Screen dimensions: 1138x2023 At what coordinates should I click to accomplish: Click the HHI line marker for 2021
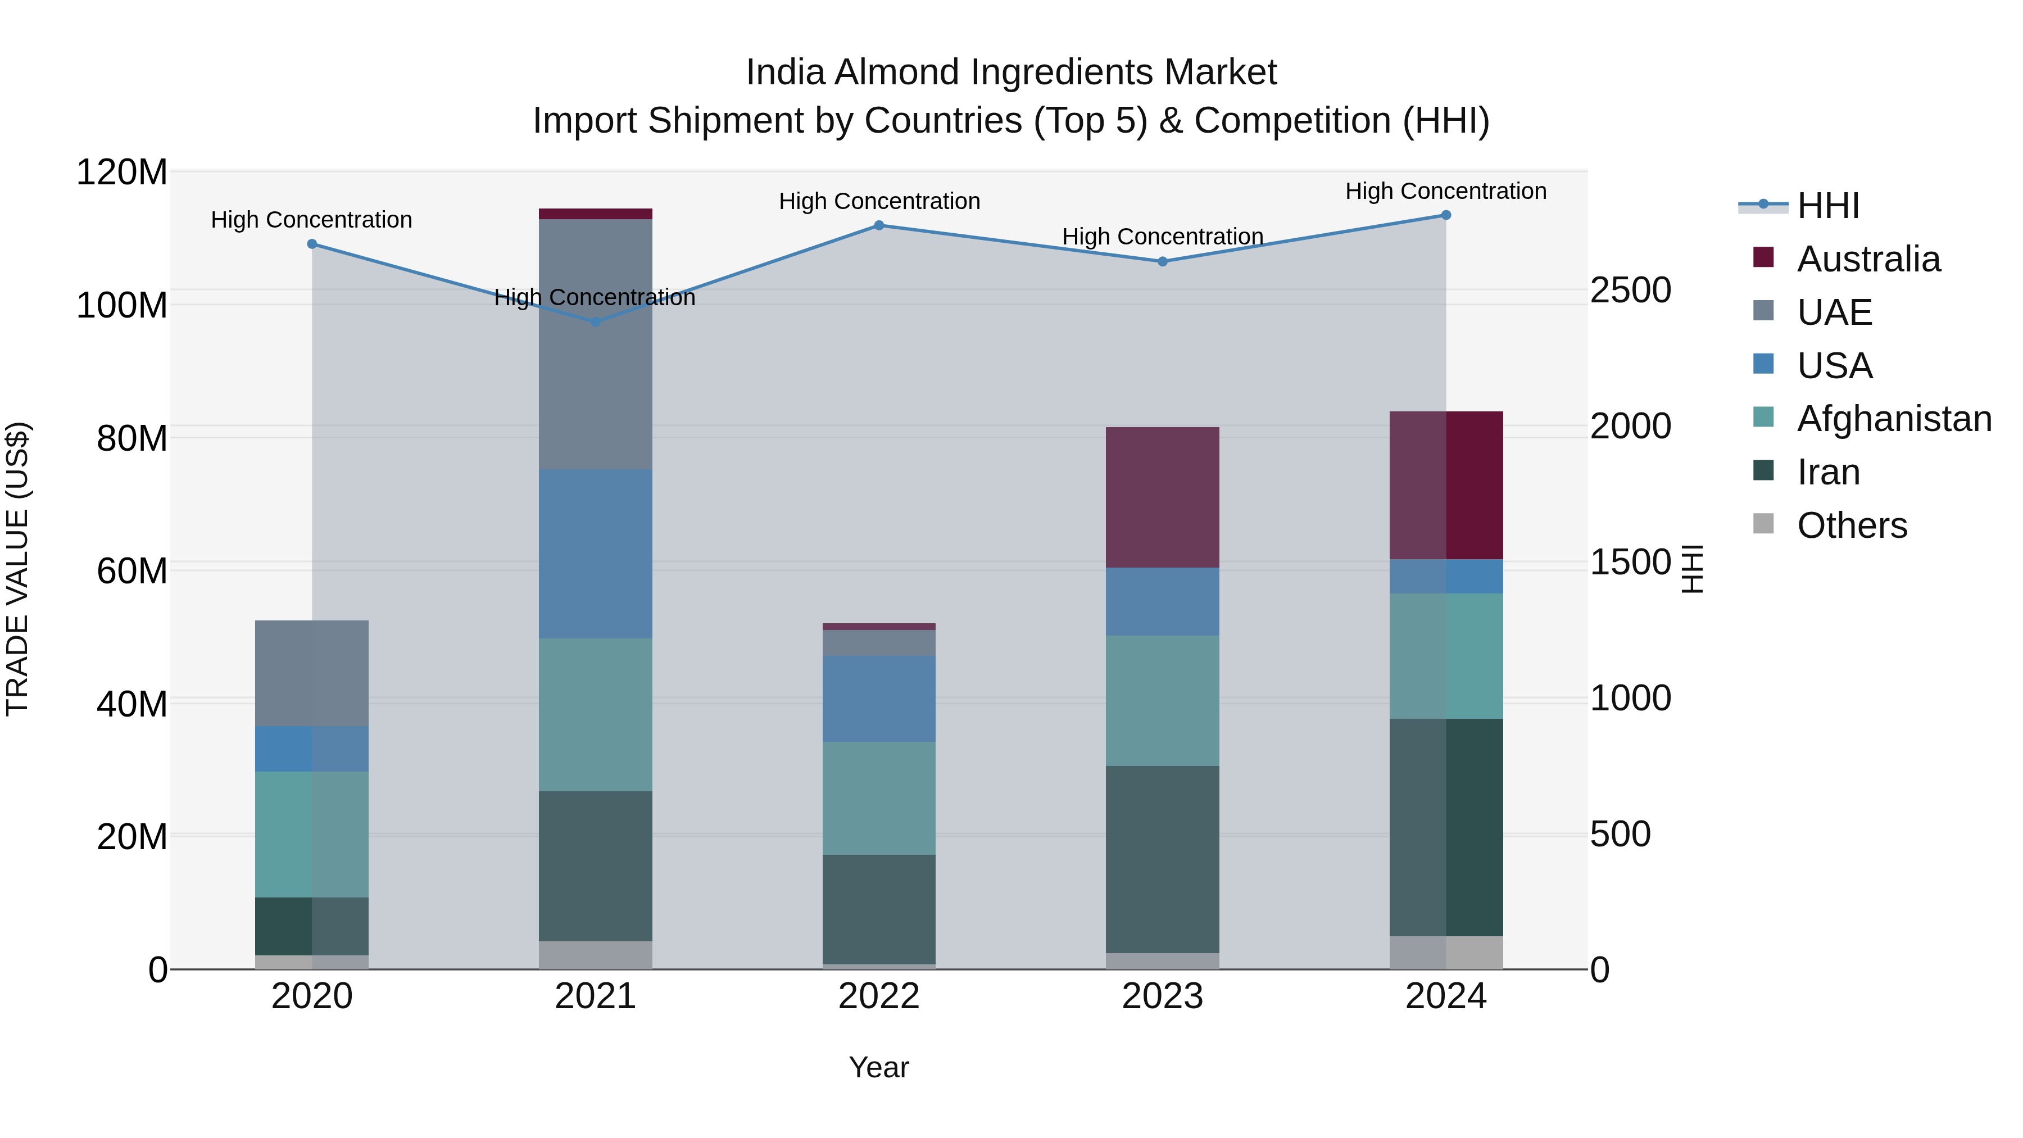click(595, 321)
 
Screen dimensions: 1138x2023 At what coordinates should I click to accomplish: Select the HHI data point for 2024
click(1446, 215)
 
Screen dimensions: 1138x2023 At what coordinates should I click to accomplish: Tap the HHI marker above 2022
click(879, 225)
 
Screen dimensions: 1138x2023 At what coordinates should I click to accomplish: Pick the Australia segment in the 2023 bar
click(1162, 497)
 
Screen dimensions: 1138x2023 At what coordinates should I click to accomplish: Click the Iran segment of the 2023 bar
click(1162, 859)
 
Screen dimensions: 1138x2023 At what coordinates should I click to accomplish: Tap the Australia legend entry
click(1867, 259)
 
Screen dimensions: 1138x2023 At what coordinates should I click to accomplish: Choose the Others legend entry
click(1851, 525)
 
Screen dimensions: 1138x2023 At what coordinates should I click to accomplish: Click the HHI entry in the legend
click(1827, 206)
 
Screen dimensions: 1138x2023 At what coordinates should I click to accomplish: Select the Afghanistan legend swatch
click(1763, 419)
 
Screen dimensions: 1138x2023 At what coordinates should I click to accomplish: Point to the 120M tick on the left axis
click(122, 172)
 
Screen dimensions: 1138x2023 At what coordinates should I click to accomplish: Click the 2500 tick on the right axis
click(1630, 290)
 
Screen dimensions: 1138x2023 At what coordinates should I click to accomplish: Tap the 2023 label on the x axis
click(1162, 996)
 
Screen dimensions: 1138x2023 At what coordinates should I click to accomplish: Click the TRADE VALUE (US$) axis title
click(17, 569)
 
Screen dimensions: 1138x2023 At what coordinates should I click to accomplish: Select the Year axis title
click(879, 1067)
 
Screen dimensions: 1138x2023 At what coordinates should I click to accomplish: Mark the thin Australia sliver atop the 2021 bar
click(595, 214)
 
